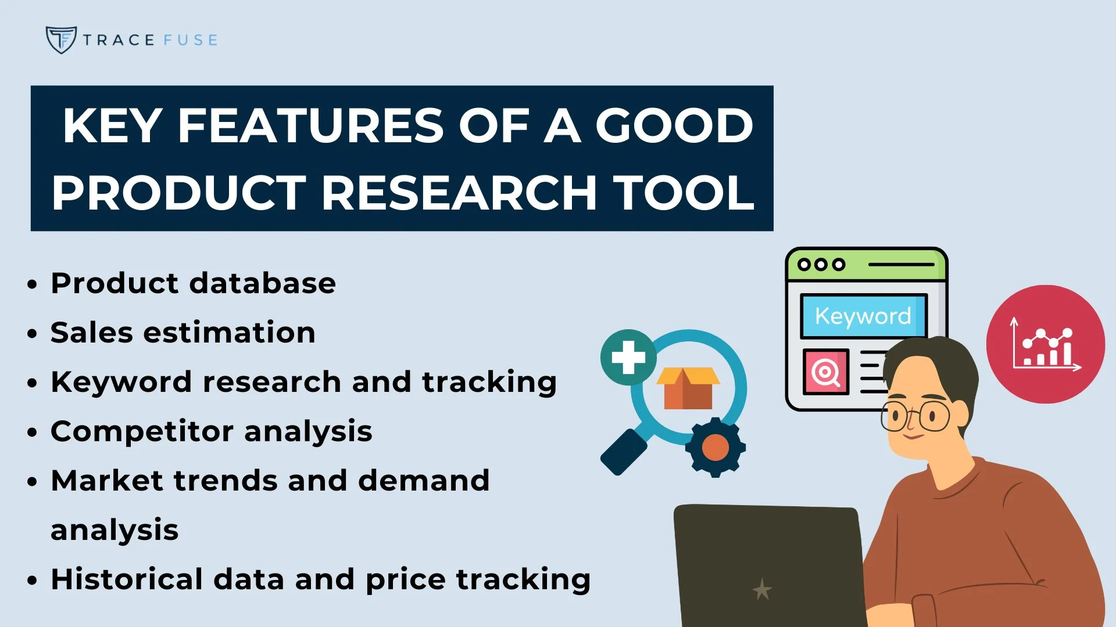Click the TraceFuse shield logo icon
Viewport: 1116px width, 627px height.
pyautogui.click(x=60, y=39)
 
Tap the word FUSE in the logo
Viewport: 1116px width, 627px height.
pyautogui.click(x=190, y=40)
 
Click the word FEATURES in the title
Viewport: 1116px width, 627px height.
pyautogui.click(x=311, y=126)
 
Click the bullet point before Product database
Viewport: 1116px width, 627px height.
pyautogui.click(x=32, y=284)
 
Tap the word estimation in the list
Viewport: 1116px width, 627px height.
pyautogui.click(x=229, y=333)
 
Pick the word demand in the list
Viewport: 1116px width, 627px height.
pyautogui.click(x=423, y=481)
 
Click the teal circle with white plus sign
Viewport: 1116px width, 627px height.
pyautogui.click(x=628, y=357)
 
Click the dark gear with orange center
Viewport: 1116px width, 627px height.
pyautogui.click(x=715, y=448)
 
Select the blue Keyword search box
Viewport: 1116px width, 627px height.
pyautogui.click(x=863, y=316)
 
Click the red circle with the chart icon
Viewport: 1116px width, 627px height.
pyautogui.click(x=1045, y=344)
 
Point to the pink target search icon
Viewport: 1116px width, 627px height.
pyautogui.click(x=826, y=372)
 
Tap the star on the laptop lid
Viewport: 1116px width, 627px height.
pyautogui.click(x=762, y=590)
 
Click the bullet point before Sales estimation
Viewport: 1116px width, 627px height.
pyautogui.click(x=32, y=334)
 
